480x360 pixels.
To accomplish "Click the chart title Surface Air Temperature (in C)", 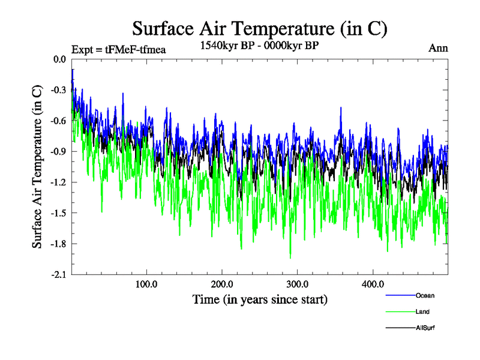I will tap(260, 28).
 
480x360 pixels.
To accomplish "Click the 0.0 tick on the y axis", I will tap(59, 59).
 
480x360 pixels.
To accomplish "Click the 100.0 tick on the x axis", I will tap(146, 284).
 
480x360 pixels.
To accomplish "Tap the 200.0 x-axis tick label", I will tap(222, 284).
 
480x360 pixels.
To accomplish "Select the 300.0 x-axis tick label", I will tap(298, 284).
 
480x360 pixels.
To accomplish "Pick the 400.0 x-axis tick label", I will tap(373, 284).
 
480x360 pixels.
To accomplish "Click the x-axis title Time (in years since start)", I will tap(260, 299).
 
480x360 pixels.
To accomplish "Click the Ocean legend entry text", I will tap(425, 295).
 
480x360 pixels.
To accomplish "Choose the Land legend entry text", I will tap(422, 312).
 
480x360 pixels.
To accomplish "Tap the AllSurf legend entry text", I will tap(425, 328).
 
